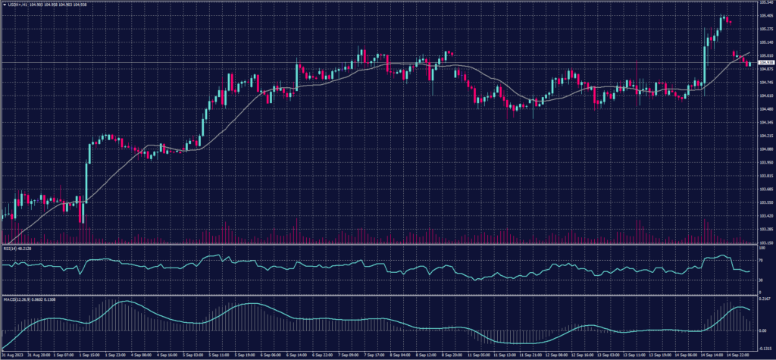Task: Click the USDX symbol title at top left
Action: (17, 4)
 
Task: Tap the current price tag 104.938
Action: (764, 63)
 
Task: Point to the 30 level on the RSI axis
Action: (761, 280)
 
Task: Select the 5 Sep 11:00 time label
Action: (221, 354)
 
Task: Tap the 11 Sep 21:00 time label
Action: (530, 354)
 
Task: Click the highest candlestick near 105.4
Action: (722, 17)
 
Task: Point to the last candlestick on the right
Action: (750, 64)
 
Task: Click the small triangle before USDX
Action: (4, 4)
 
